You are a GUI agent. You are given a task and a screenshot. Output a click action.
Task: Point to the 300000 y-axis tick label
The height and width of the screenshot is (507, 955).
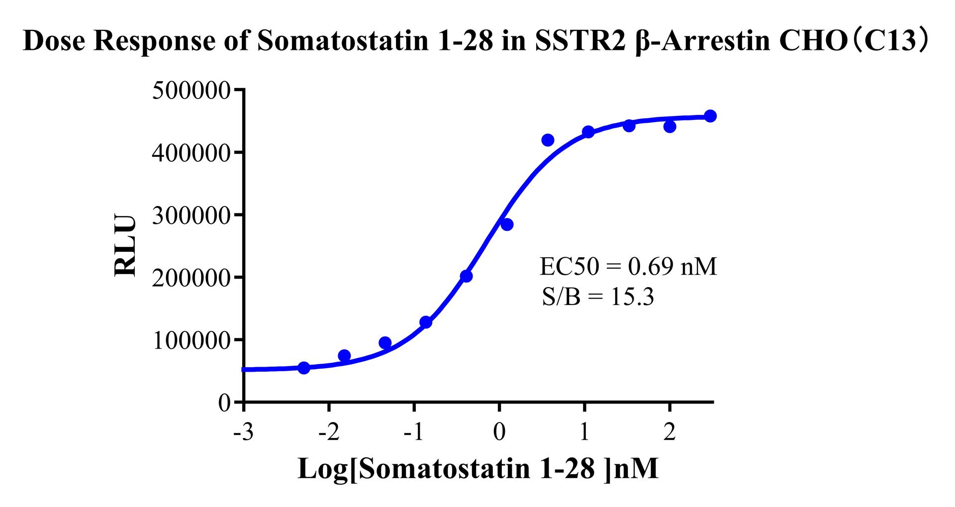click(x=191, y=215)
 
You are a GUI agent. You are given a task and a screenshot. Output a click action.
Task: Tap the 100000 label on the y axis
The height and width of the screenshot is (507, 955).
click(x=191, y=340)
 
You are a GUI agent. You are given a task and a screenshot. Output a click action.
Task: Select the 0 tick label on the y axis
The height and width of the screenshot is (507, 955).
click(x=225, y=403)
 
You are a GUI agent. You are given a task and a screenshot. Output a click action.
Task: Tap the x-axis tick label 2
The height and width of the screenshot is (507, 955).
click(x=669, y=432)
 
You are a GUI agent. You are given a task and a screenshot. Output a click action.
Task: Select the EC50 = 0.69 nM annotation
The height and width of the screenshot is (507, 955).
click(x=628, y=267)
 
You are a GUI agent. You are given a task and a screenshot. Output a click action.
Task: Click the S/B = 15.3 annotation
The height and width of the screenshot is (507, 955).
click(x=597, y=298)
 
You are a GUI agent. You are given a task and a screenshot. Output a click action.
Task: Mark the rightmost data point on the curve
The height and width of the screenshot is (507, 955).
click(x=710, y=116)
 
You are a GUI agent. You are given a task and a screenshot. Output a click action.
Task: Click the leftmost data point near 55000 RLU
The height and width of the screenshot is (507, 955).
click(x=303, y=368)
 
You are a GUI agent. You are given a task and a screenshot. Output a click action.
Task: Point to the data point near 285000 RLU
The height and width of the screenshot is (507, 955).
click(x=507, y=224)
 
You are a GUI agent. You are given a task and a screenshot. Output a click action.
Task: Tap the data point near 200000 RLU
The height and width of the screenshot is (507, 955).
click(x=466, y=276)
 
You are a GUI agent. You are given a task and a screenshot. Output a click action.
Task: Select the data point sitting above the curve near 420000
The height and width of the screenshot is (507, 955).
click(x=548, y=140)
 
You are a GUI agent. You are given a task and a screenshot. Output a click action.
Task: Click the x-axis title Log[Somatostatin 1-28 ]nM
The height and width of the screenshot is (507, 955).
click(x=478, y=468)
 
